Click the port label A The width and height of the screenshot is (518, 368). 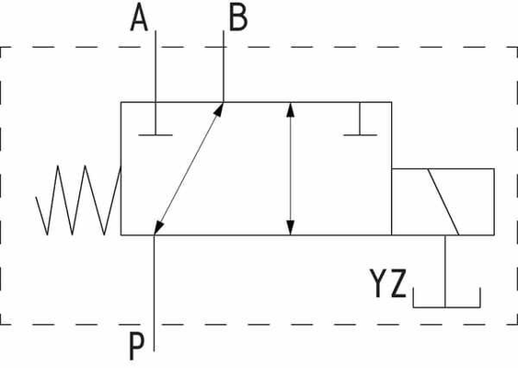[x=139, y=18]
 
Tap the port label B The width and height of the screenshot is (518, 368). [x=238, y=18]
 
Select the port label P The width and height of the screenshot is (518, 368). [x=136, y=347]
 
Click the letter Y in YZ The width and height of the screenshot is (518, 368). [x=379, y=283]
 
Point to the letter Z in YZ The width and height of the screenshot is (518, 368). [x=398, y=283]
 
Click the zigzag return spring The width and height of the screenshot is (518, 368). [x=78, y=201]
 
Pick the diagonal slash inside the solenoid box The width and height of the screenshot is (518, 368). [x=443, y=201]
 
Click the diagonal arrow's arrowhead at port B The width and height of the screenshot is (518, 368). [x=219, y=109]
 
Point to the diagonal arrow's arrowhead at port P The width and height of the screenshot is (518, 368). [x=158, y=228]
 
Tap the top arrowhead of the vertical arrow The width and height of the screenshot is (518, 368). [x=290, y=110]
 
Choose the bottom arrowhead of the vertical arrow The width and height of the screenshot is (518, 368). [x=290, y=227]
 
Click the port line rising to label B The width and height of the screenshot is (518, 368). [x=224, y=66]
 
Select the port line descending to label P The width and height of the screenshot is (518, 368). [x=154, y=293]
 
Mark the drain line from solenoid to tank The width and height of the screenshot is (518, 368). [x=445, y=271]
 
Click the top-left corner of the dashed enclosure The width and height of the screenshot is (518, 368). [x=1, y=47]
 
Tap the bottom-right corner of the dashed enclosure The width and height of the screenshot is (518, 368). [x=517, y=324]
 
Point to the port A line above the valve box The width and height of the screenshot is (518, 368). [x=155, y=66]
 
